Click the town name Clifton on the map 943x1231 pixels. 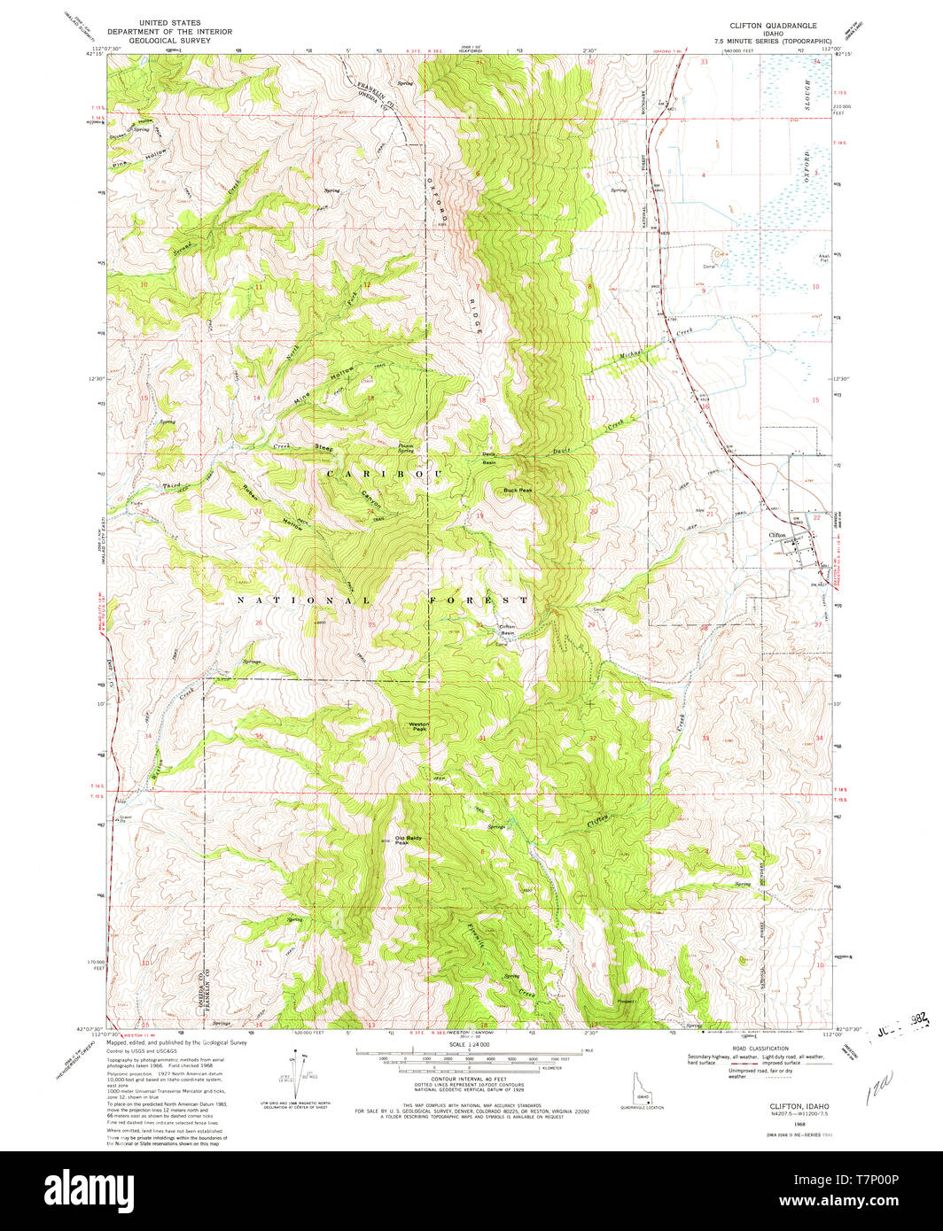coord(777,535)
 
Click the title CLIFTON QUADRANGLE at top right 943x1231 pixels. coord(773,27)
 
